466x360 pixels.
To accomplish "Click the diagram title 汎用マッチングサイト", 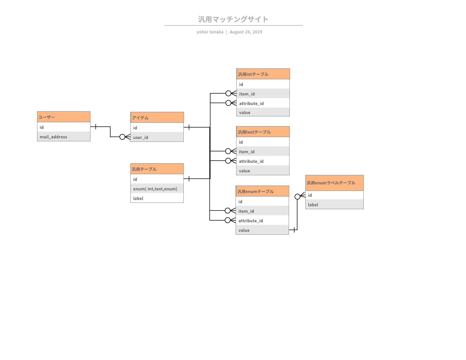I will [233, 19].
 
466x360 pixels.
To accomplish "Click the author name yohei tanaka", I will [210, 32].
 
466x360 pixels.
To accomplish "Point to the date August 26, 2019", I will [246, 32].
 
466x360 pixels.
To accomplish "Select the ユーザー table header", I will [64, 117].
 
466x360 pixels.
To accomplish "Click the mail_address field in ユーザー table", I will [64, 137].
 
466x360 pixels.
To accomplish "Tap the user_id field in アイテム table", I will [157, 137].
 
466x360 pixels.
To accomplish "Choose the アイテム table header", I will [157, 117].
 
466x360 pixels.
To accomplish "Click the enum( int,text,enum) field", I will [157, 189].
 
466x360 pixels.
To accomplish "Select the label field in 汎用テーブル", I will [157, 198].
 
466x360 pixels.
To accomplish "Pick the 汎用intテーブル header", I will [263, 74].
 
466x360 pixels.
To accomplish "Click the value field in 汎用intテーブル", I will [263, 112].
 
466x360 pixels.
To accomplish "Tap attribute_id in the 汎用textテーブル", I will [263, 161].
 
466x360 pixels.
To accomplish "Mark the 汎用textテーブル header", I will [263, 132].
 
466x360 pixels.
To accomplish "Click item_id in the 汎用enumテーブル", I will [262, 211].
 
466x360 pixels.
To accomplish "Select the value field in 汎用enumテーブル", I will [262, 230].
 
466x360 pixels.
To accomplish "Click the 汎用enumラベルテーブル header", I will [334, 183].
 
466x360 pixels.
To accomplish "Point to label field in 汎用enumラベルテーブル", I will [334, 205].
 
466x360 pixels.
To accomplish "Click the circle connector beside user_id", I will [122, 137].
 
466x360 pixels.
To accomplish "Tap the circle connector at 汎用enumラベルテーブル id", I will [297, 196].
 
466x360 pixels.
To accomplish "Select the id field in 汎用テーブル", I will [157, 179].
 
